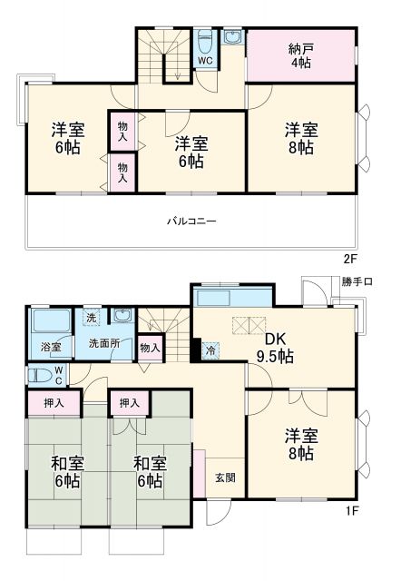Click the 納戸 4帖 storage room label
click(300, 57)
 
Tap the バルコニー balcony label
click(191, 221)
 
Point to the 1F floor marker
click(353, 510)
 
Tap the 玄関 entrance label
click(225, 478)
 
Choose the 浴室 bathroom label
click(50, 347)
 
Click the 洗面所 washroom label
click(103, 345)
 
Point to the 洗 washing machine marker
click(91, 318)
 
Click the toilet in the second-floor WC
click(206, 43)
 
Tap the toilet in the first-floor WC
click(40, 374)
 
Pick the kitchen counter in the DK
click(232, 298)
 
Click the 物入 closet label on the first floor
click(151, 347)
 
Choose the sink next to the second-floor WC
click(233, 38)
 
